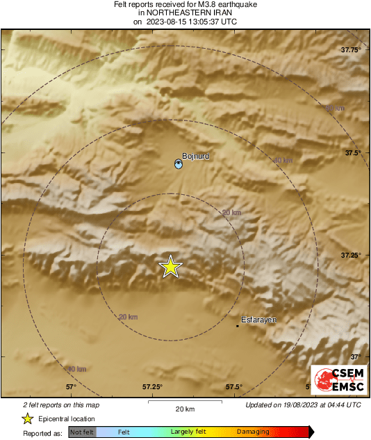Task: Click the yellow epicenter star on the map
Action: (170, 267)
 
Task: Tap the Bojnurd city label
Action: (195, 157)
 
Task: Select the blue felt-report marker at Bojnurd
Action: (179, 164)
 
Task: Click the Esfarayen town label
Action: (258, 320)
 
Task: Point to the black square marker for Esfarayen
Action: (238, 325)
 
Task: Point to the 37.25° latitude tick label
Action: (351, 256)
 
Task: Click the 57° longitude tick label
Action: (70, 386)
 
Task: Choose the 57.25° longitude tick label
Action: (152, 386)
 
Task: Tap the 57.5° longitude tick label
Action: (233, 386)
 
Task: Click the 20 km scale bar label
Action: (184, 409)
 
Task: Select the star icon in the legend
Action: (27, 418)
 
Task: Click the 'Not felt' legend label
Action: (82, 432)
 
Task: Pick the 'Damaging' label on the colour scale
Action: (253, 432)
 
